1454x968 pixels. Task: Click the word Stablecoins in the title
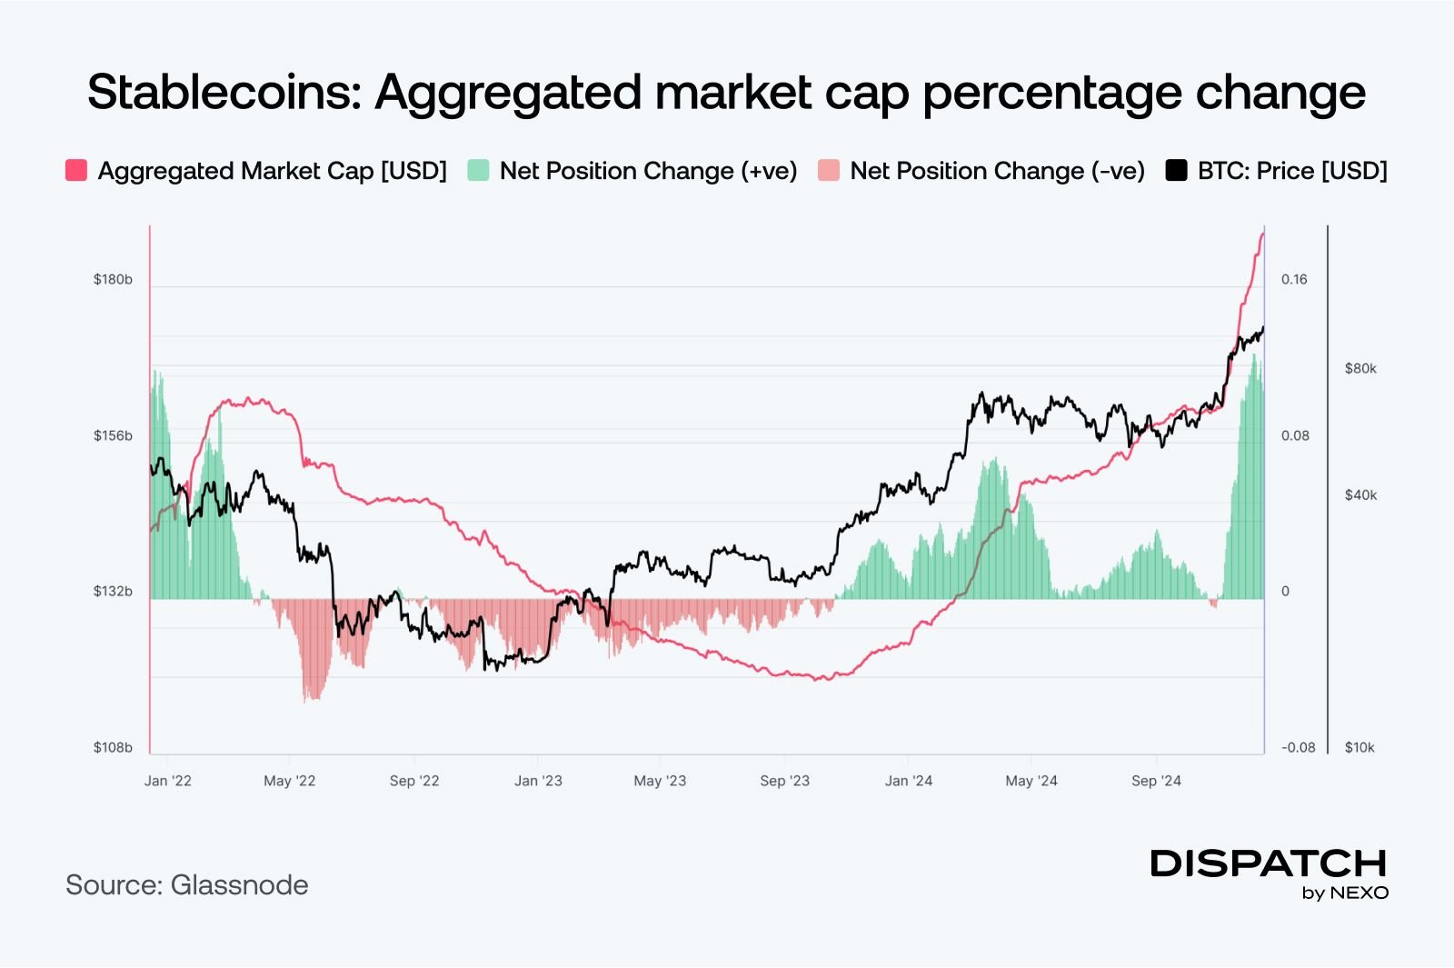[x=224, y=93]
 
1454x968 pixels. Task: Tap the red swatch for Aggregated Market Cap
[x=76, y=171]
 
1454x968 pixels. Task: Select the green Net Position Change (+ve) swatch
[x=478, y=171]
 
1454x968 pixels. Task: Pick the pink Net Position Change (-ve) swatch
[x=828, y=171]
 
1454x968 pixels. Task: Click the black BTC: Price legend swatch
[x=1176, y=171]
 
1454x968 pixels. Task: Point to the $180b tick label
[x=113, y=279]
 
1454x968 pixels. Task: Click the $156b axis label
[x=113, y=435]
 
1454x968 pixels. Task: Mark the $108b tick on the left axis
[x=113, y=747]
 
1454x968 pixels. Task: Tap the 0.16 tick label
[x=1294, y=279]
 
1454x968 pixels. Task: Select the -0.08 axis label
[x=1298, y=747]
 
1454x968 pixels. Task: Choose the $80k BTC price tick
[x=1360, y=368]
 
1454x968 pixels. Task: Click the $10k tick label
[x=1359, y=747]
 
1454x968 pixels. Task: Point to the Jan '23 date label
[x=538, y=781]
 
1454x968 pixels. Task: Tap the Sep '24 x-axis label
[x=1156, y=781]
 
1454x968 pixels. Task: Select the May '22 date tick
[x=289, y=781]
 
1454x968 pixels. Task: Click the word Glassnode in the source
[x=239, y=885]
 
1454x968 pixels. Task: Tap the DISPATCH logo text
[x=1269, y=863]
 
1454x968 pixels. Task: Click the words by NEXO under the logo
[x=1345, y=893]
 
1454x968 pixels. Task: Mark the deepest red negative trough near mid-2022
[x=312, y=698]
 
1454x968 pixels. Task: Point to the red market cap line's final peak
[x=1262, y=235]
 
